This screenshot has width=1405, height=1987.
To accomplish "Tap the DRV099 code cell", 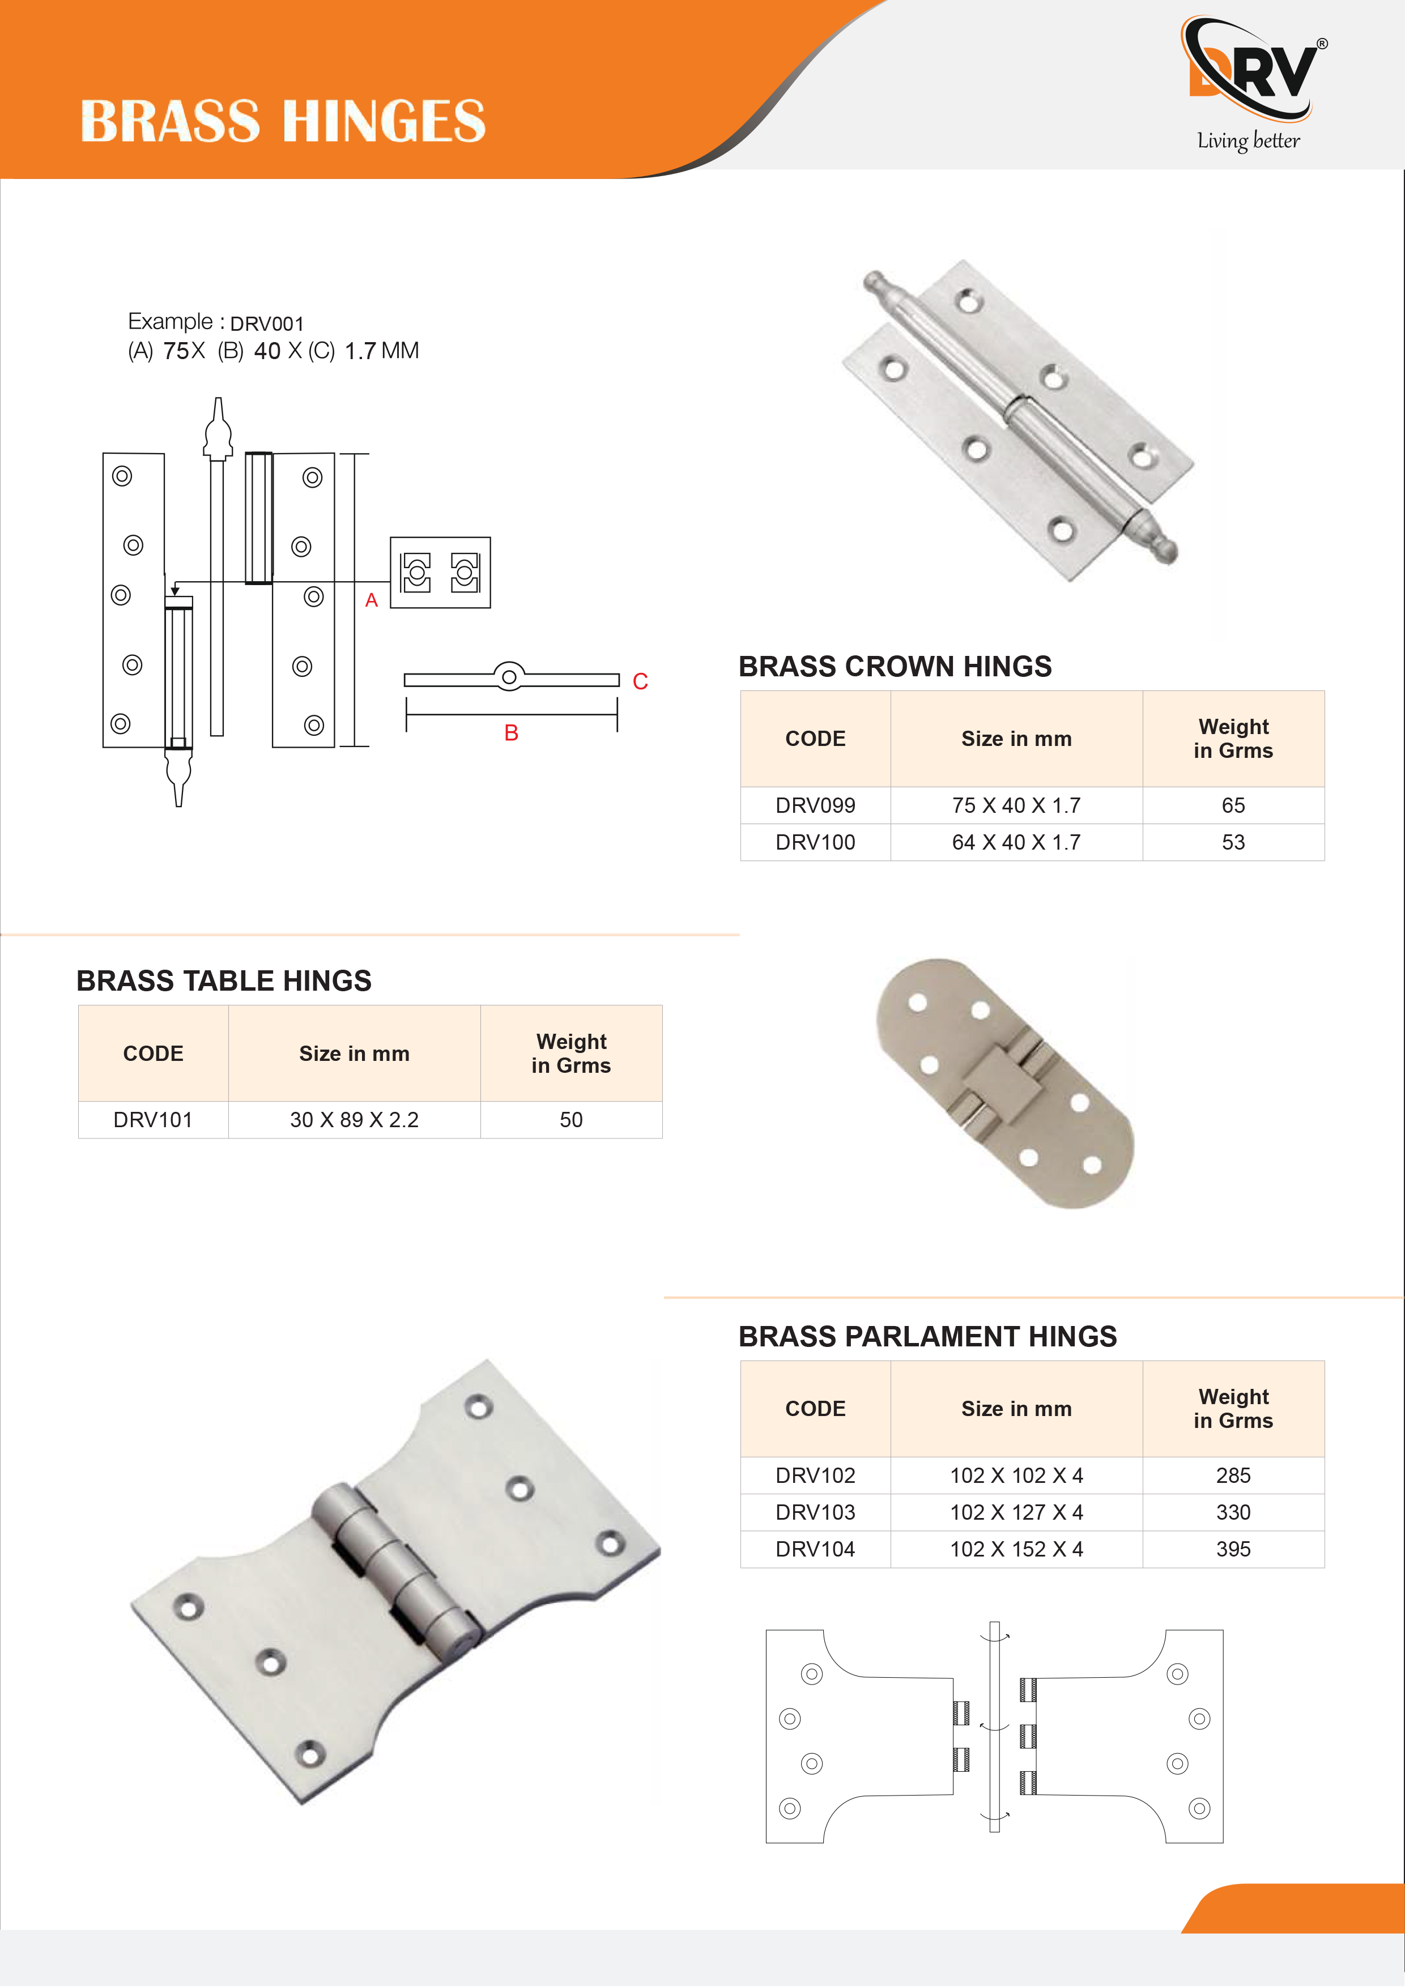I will [x=815, y=805].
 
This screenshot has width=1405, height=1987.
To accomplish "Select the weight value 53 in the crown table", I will [x=1233, y=842].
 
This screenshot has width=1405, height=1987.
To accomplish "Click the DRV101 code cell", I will [x=152, y=1120].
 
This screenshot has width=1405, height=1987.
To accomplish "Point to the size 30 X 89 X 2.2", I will [x=354, y=1120].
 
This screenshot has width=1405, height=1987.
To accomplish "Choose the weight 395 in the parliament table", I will [x=1233, y=1549].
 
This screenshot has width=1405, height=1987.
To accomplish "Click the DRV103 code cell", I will [x=815, y=1512].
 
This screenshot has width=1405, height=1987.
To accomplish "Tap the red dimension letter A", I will [x=372, y=600].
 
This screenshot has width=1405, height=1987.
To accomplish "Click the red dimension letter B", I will [x=511, y=733].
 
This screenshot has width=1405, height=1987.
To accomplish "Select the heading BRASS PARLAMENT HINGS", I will [x=927, y=1336].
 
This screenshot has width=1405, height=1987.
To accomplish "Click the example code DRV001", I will [x=267, y=323].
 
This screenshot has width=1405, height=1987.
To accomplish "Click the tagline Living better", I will [x=1248, y=141].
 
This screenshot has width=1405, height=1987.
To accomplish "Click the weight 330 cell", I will [x=1233, y=1512].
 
